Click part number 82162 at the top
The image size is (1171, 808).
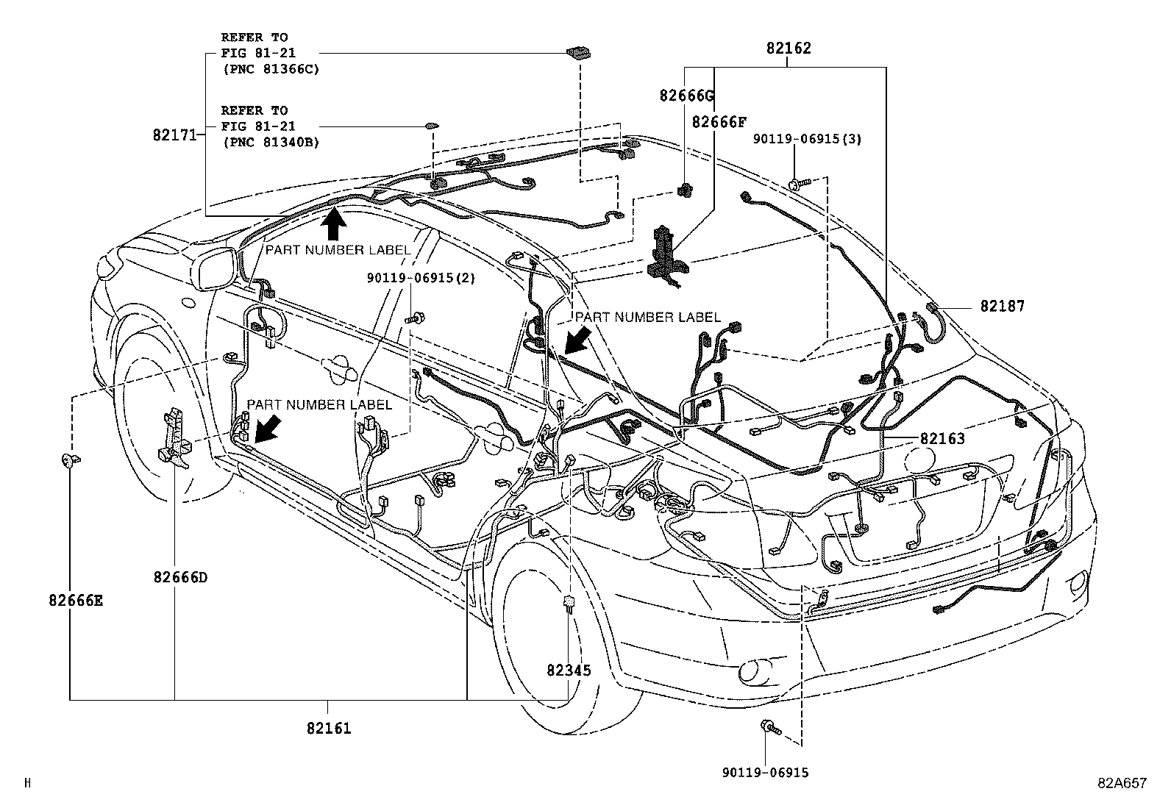click(x=788, y=49)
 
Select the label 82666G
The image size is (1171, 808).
click(x=686, y=95)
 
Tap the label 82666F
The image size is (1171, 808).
click(x=719, y=121)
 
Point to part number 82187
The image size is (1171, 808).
click(x=1001, y=306)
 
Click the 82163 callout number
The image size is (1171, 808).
click(x=942, y=438)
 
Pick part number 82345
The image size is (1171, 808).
click(x=569, y=670)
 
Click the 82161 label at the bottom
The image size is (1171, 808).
click(x=329, y=728)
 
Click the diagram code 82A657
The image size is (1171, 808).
click(x=1122, y=784)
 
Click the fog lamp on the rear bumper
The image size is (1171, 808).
click(x=752, y=671)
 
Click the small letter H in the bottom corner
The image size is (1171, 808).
click(x=27, y=784)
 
